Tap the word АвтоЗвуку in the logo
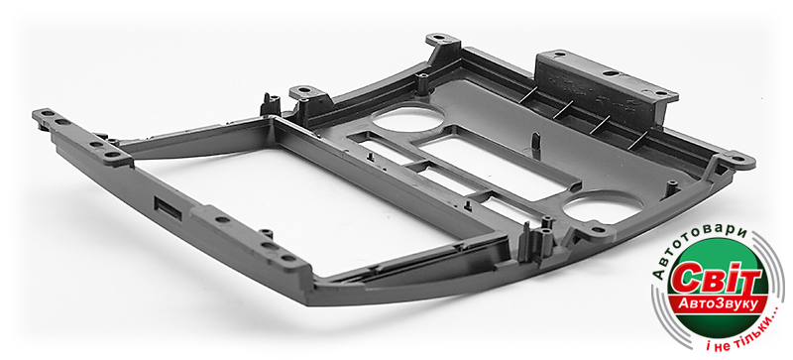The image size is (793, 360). click(x=718, y=303)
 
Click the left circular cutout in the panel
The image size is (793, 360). click(x=407, y=118)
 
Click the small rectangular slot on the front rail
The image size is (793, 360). click(x=168, y=208)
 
